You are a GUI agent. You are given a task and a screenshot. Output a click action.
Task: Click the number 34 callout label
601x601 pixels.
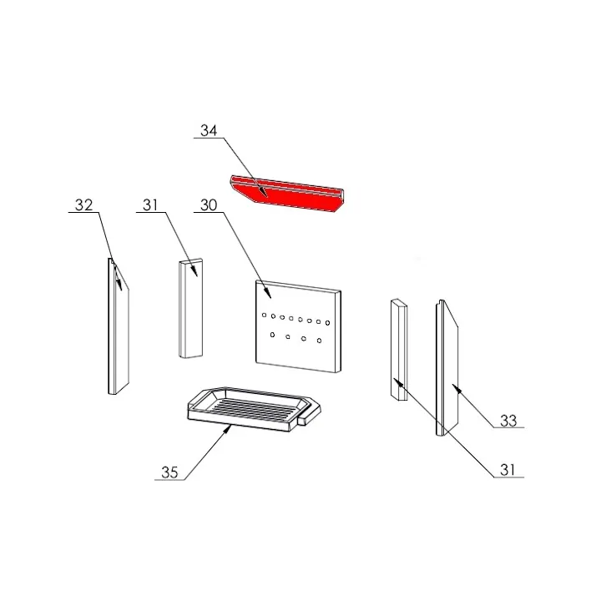[209, 130]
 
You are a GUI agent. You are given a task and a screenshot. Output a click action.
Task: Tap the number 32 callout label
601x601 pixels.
[83, 205]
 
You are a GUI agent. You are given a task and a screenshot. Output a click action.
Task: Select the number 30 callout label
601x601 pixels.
[209, 205]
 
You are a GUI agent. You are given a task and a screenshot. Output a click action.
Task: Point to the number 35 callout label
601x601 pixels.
[170, 472]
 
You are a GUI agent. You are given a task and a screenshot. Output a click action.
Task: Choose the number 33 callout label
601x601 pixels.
[508, 421]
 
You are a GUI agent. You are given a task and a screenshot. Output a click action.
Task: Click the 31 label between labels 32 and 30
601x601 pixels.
[149, 205]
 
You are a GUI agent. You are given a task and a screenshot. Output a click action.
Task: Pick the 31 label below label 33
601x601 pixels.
[508, 470]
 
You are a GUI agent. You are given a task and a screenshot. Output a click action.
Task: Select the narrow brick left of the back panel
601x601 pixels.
[190, 309]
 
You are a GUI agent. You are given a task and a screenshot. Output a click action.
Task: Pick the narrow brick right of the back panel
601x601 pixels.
[398, 351]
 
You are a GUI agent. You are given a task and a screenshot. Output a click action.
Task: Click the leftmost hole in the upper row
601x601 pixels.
[264, 316]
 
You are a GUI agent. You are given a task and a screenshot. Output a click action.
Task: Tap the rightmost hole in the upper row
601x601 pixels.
[328, 323]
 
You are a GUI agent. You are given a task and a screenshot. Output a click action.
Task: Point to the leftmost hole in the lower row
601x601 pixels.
[272, 335]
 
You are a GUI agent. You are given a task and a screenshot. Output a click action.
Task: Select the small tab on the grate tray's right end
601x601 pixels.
[309, 412]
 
